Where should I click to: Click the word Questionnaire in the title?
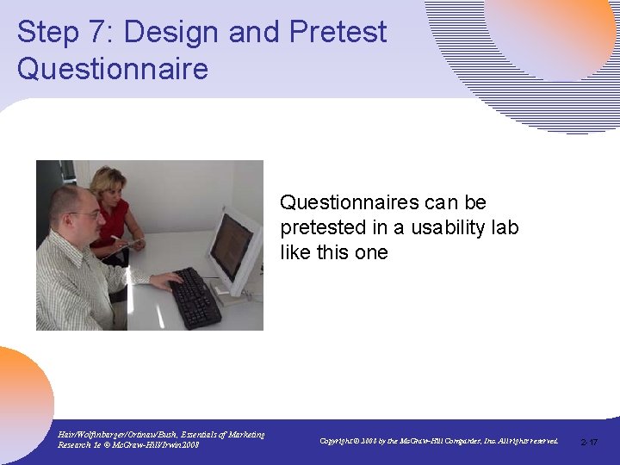(x=113, y=68)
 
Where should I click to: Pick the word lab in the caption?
(x=503, y=227)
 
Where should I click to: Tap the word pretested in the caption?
(x=315, y=227)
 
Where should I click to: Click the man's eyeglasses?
(x=84, y=214)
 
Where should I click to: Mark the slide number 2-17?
(x=590, y=442)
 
